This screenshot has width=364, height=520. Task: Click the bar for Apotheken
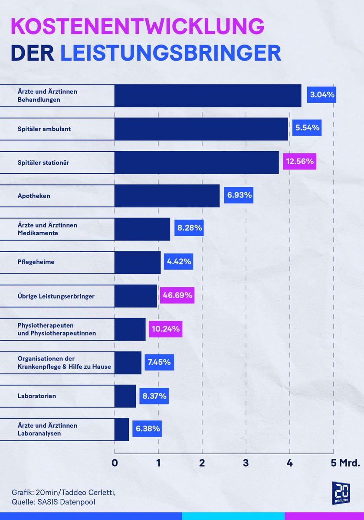click(x=167, y=195)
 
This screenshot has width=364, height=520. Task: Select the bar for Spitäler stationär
click(x=197, y=162)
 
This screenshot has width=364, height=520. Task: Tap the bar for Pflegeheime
click(x=138, y=262)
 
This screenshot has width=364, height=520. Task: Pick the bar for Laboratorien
click(x=125, y=396)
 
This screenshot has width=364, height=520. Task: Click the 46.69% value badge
click(x=177, y=296)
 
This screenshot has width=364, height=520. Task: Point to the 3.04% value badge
click(x=321, y=94)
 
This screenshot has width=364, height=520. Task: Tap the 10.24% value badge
click(x=165, y=329)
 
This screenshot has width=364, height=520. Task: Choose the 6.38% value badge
click(x=148, y=429)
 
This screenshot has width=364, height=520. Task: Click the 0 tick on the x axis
click(x=115, y=462)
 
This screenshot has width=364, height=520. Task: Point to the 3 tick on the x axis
click(x=246, y=462)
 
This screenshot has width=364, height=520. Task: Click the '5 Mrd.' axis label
click(x=346, y=462)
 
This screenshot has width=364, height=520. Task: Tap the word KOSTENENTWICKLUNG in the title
click(x=137, y=27)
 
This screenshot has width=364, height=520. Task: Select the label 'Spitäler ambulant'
click(x=44, y=129)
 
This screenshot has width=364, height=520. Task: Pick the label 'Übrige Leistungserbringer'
click(x=56, y=296)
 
